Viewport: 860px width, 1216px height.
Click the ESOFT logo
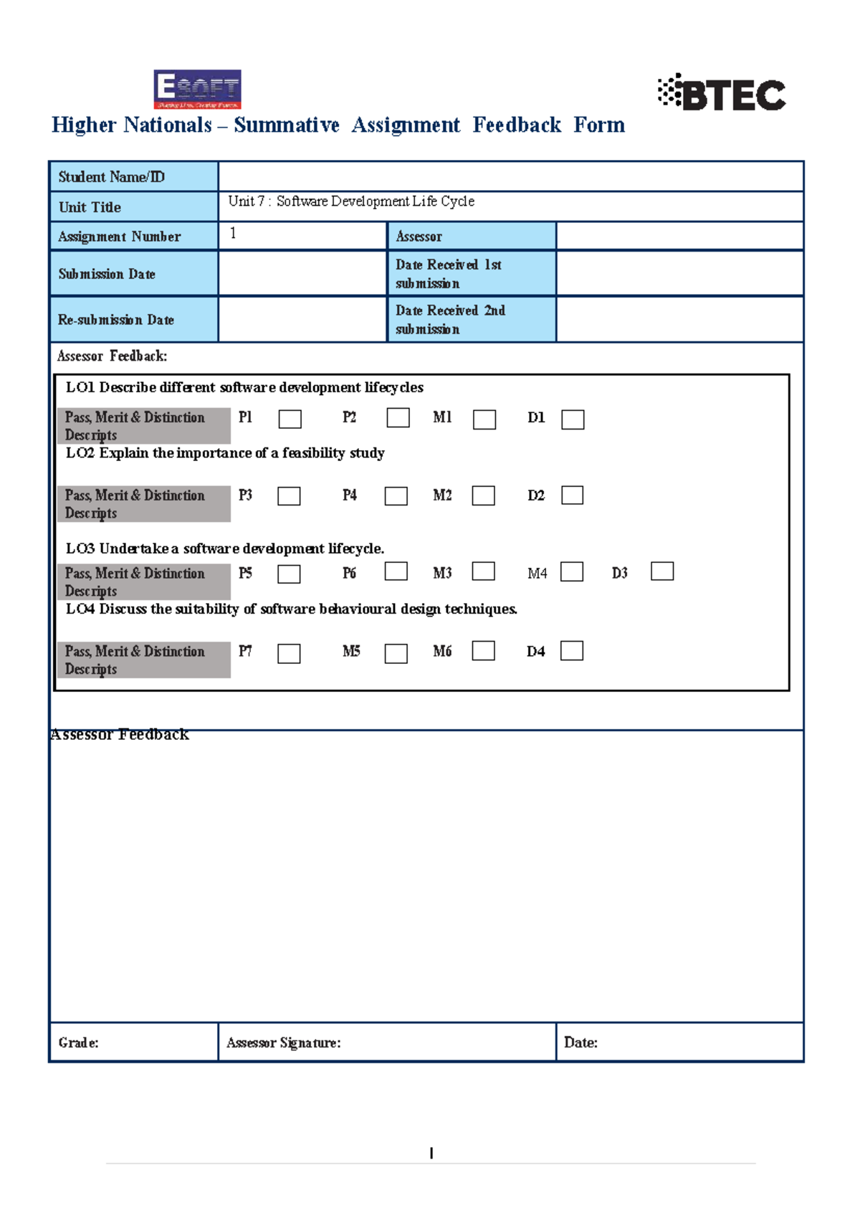pos(197,89)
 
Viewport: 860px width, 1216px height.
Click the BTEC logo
pos(722,93)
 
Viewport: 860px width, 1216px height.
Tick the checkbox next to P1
pos(290,419)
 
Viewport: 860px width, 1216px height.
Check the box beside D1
pos(573,419)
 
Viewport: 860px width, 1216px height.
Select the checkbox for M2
pos(483,495)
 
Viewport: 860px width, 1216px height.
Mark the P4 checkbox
pos(396,496)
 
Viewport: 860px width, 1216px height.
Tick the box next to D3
pos(661,571)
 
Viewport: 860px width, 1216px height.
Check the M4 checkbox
pos(571,571)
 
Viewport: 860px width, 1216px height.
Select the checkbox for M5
pos(396,653)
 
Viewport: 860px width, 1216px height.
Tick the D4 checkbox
pos(571,650)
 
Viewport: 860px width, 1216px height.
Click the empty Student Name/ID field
pos(510,176)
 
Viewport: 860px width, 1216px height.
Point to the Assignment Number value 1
pos(233,233)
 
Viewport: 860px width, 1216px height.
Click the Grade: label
pos(79,1042)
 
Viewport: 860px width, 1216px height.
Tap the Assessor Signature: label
pos(284,1042)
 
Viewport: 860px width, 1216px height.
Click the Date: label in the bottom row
pos(580,1042)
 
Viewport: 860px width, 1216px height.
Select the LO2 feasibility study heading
pos(225,453)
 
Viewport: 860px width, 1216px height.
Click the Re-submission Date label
pos(116,320)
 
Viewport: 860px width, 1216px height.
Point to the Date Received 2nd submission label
pos(450,319)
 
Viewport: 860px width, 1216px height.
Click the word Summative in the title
pos(287,125)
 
